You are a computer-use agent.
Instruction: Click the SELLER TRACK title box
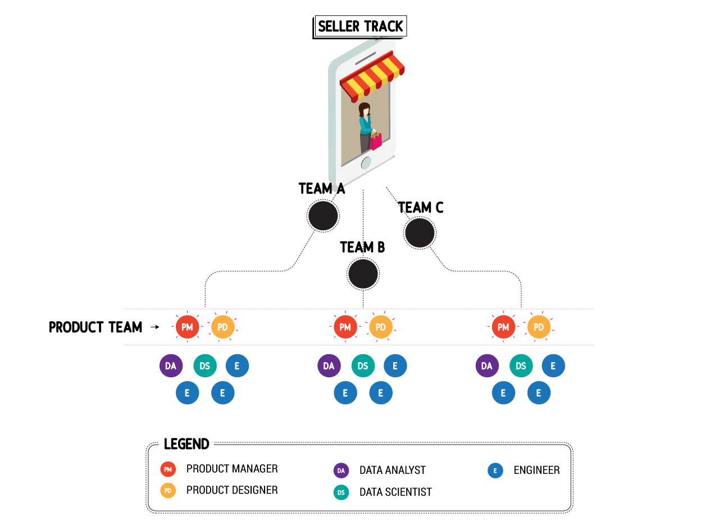[x=360, y=26]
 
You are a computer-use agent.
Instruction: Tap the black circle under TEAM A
[x=323, y=216]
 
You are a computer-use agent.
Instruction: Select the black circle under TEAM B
[x=363, y=275]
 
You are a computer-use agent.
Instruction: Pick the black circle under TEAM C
[x=420, y=233]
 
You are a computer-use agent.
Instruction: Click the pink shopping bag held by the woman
[x=376, y=141]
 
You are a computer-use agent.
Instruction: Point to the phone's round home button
[x=366, y=163]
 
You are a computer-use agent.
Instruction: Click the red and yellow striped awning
[x=372, y=76]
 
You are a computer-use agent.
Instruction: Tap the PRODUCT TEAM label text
[x=95, y=327]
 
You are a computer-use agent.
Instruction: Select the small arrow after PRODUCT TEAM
[x=154, y=327]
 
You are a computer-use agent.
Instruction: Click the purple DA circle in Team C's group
[x=486, y=366]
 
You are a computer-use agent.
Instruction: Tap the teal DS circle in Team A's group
[x=204, y=366]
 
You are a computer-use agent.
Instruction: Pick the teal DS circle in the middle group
[x=363, y=366]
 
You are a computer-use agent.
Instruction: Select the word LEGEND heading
[x=186, y=444]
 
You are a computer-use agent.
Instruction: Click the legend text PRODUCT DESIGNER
[x=232, y=490]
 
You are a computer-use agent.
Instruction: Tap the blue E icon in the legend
[x=495, y=470]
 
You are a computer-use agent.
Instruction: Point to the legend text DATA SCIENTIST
[x=395, y=492]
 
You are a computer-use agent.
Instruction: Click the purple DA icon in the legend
[x=341, y=470]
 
